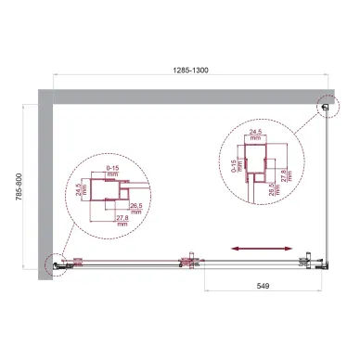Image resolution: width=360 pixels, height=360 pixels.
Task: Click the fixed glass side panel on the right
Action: [326, 186]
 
